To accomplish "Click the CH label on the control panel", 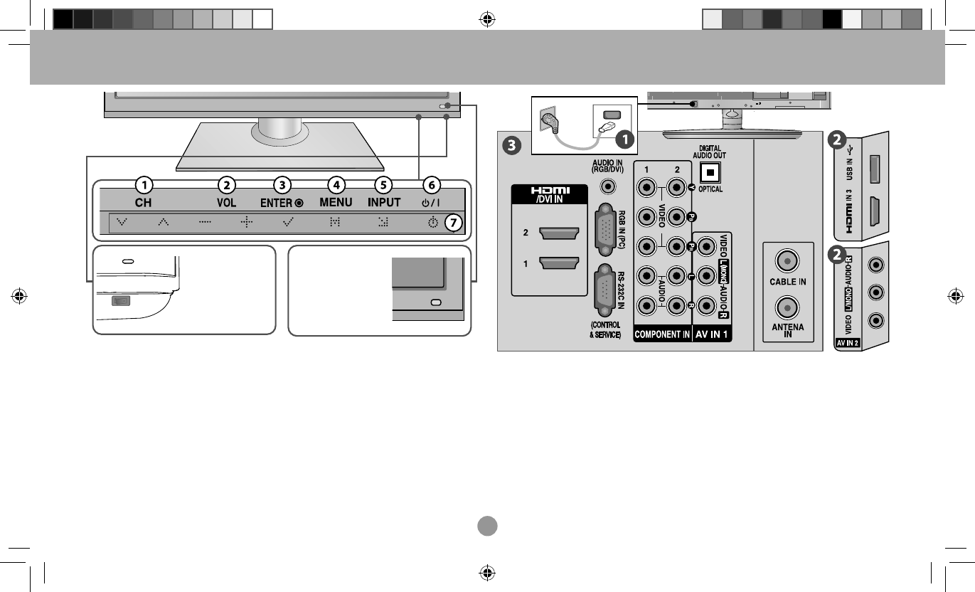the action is point(144,203).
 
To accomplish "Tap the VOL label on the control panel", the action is point(226,203).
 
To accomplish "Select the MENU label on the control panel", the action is point(336,203).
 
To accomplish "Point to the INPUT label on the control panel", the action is point(384,203).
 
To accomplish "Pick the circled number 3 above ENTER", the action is point(283,185).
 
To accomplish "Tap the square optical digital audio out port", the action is point(709,172).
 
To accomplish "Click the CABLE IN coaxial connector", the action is point(787,260).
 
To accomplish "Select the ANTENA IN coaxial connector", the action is point(787,307).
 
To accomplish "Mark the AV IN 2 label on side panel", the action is point(847,342).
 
